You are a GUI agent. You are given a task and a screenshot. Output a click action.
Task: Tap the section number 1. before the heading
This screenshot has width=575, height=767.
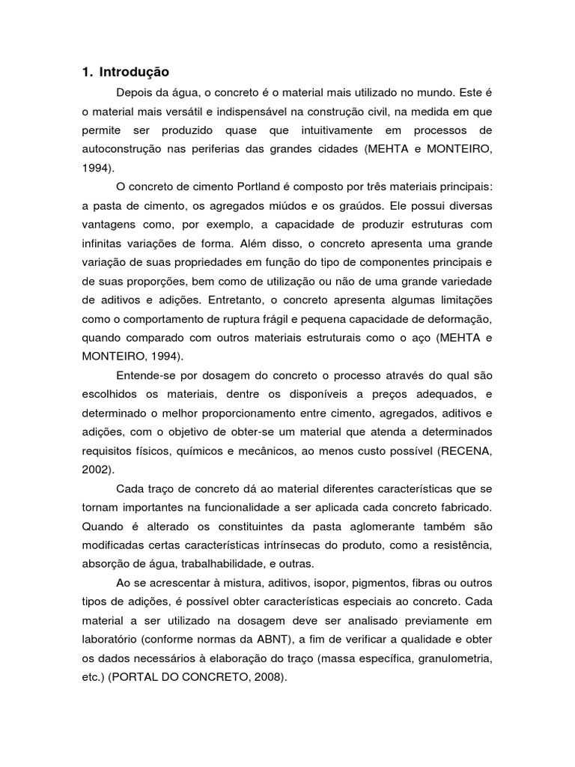coord(87,72)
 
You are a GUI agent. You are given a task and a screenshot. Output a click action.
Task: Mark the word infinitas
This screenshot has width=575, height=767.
coord(103,243)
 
